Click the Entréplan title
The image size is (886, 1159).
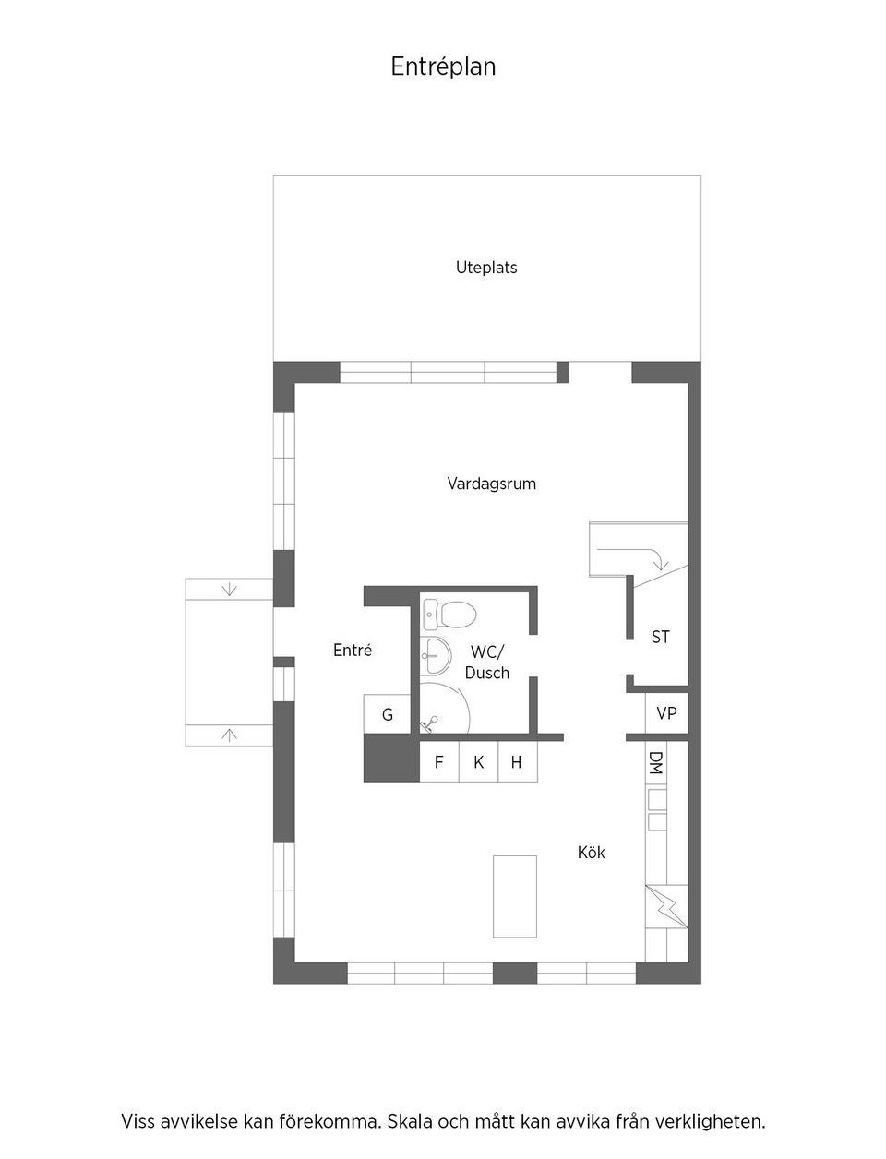[x=443, y=67]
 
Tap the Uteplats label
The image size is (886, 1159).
[x=486, y=268]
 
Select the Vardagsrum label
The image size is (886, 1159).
[x=492, y=484]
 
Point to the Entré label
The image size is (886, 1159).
[x=353, y=650]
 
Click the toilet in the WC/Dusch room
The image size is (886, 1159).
[x=449, y=615]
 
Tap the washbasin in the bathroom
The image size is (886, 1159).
[x=437, y=655]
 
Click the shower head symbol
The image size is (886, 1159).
[x=428, y=723]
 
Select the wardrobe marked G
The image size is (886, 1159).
[x=387, y=714]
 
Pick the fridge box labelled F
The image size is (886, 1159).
[x=438, y=762]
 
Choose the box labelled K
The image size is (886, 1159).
[x=478, y=762]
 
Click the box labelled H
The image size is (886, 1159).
[x=518, y=762]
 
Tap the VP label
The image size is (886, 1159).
[x=666, y=713]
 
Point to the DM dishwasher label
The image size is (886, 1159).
[x=655, y=763]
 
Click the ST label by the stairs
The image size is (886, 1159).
[x=661, y=638]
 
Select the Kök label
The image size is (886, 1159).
[x=591, y=853]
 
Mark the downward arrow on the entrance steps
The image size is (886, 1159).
[x=229, y=590]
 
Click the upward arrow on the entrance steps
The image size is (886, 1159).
[x=229, y=735]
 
